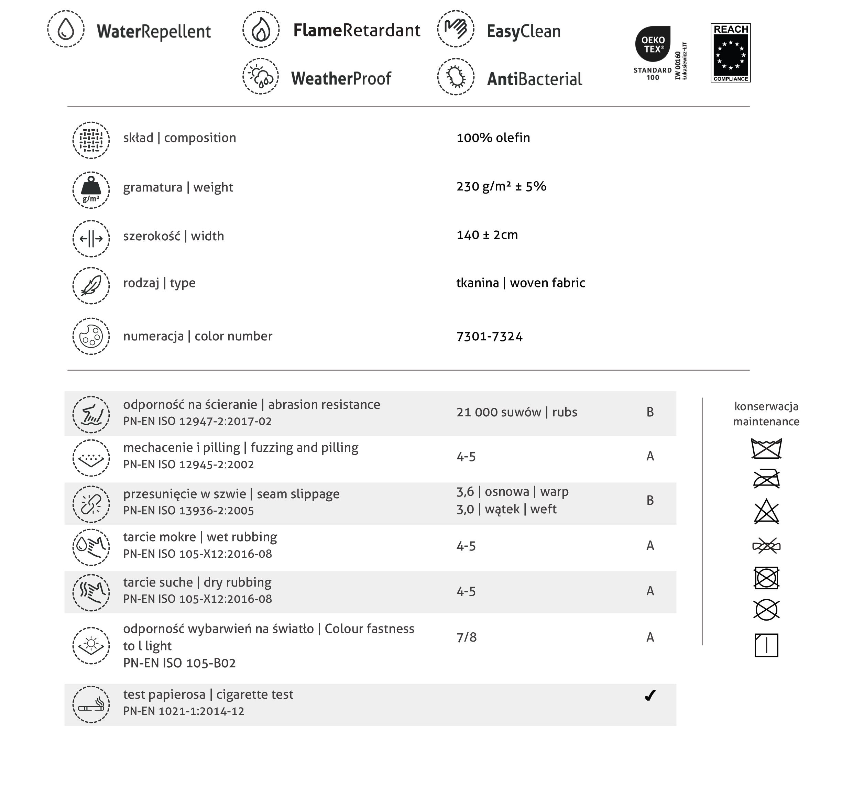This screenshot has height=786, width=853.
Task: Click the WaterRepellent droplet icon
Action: point(66,29)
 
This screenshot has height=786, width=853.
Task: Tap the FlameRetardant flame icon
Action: point(261,29)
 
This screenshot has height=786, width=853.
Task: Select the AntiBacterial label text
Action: point(535,79)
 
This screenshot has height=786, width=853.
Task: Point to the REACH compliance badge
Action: point(731,53)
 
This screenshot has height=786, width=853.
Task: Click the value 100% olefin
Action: point(493,138)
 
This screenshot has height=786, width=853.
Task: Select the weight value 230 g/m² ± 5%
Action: point(501,186)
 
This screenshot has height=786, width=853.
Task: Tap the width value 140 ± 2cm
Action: point(487,235)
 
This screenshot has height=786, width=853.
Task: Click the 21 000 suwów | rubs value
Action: point(517,412)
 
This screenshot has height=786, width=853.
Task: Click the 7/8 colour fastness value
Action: point(467,637)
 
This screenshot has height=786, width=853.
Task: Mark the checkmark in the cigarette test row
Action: point(650,696)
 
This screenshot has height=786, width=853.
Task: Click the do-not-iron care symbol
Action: point(766,479)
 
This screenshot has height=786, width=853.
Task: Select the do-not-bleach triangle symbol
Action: point(766,512)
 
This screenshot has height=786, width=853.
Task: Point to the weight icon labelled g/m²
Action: point(91,190)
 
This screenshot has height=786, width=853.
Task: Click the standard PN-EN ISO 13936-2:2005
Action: point(188,511)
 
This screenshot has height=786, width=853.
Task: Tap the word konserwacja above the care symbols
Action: point(766,407)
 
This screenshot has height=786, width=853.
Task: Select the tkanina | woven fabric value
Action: point(521,283)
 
